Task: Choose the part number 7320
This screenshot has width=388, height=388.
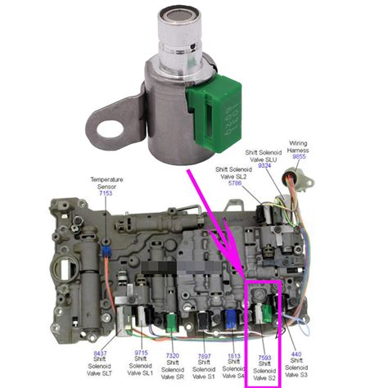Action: click(173, 355)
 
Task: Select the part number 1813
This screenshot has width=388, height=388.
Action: click(234, 355)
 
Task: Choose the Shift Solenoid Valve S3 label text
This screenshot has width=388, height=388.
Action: click(297, 370)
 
